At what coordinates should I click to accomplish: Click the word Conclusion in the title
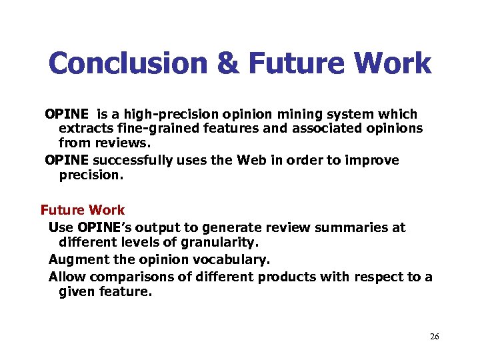[x=128, y=65]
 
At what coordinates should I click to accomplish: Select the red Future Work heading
[x=83, y=211]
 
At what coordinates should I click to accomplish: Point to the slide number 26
[x=434, y=337]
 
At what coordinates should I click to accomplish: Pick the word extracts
[x=84, y=128]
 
